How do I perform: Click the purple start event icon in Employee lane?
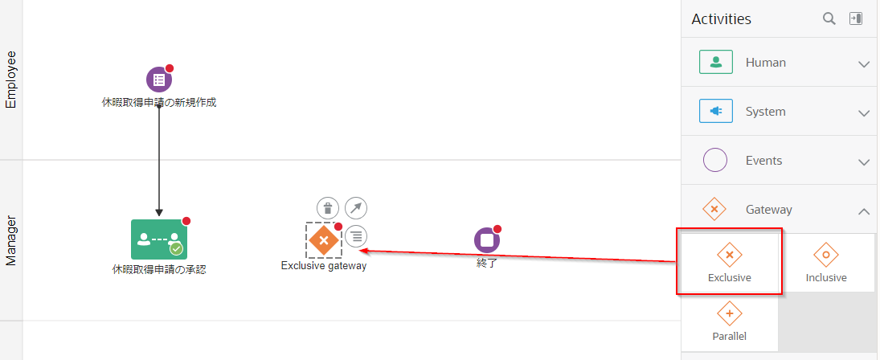point(159,80)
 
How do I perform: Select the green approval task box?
point(159,239)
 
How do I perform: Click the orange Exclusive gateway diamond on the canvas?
point(323,240)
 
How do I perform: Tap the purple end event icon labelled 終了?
point(486,240)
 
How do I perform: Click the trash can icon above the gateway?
point(328,208)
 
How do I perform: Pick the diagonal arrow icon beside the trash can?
point(356,208)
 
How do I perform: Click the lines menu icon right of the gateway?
point(356,236)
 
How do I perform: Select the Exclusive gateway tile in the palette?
point(730,263)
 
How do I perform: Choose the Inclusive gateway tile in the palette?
point(826,263)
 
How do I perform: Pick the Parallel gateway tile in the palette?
point(730,322)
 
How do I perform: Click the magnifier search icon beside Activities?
point(829,18)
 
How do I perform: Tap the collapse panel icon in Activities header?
point(856,18)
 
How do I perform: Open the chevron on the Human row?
point(864,64)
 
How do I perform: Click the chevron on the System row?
point(864,112)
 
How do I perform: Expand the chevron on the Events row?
point(864,162)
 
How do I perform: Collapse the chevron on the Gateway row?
point(864,211)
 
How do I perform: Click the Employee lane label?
point(10,80)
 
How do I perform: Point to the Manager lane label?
point(10,240)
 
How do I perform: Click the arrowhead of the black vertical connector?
point(159,213)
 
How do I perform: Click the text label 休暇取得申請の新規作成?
point(159,103)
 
